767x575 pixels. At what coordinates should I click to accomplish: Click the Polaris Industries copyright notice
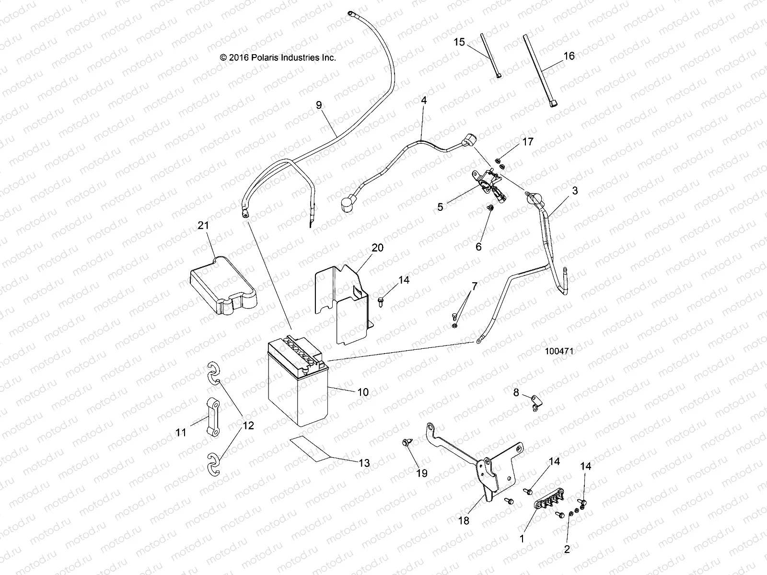(278, 57)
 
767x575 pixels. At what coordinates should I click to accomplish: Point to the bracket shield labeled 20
(344, 307)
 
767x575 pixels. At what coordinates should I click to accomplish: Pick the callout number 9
(319, 105)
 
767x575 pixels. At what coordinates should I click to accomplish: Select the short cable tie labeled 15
(490, 55)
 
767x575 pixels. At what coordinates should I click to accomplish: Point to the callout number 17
(528, 142)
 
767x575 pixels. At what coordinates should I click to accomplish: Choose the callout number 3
(575, 191)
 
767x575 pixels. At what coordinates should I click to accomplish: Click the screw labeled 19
(406, 443)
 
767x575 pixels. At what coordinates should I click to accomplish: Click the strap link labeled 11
(213, 417)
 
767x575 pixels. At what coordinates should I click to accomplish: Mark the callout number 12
(249, 425)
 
